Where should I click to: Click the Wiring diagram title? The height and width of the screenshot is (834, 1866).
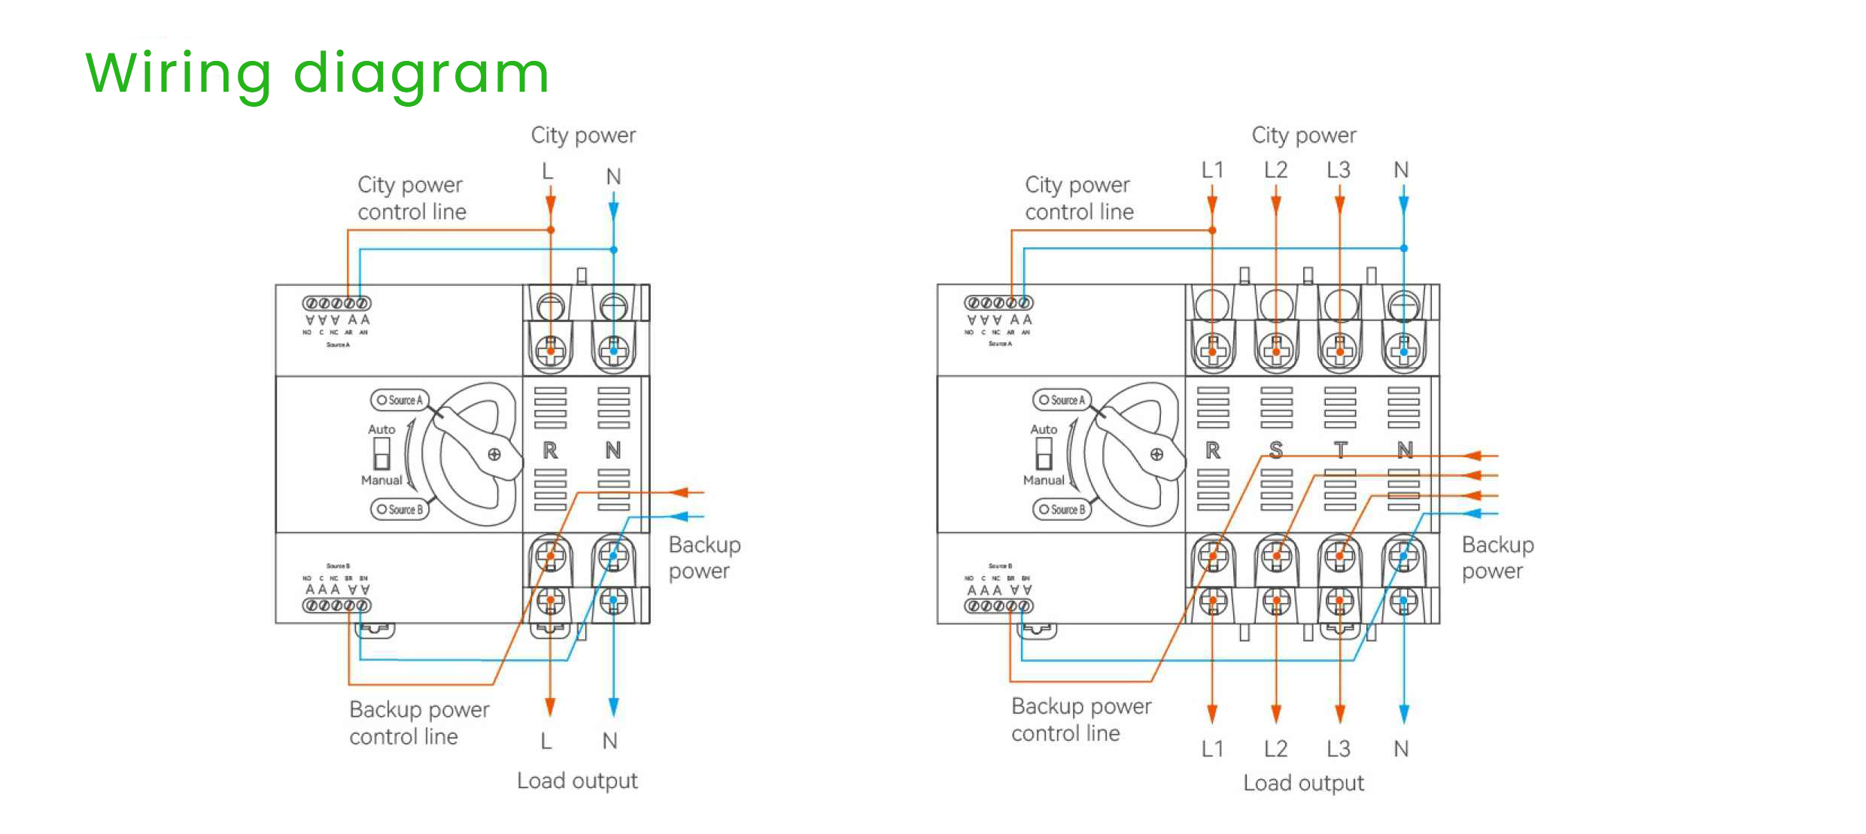(317, 74)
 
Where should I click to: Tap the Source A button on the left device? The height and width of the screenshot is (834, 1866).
(400, 400)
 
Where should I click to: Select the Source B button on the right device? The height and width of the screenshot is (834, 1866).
(1062, 509)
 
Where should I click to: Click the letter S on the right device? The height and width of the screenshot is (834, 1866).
(1275, 450)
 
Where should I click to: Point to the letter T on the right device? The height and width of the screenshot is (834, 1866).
(1340, 450)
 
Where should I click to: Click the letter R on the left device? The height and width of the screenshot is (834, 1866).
(550, 450)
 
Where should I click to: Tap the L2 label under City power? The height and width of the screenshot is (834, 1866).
(1275, 170)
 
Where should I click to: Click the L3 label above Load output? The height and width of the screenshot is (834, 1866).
(1338, 748)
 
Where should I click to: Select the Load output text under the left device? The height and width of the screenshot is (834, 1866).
(577, 781)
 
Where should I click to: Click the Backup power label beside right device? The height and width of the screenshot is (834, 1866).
(1497, 557)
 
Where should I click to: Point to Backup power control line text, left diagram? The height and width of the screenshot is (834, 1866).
(419, 722)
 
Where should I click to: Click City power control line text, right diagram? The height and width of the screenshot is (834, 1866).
(1078, 198)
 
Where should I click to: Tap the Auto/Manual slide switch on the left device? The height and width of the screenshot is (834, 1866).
(381, 453)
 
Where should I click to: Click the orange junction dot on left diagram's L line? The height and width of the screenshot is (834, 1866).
(551, 230)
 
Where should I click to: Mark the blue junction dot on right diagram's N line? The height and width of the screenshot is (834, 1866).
(1403, 248)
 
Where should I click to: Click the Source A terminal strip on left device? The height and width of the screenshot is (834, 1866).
(336, 303)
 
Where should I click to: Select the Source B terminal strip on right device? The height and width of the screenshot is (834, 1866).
(998, 605)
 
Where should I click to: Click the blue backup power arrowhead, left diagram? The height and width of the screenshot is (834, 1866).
(679, 517)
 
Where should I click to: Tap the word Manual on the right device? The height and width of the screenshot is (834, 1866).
(1043, 480)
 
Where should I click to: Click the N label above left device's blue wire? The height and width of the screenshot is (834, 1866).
(613, 177)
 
